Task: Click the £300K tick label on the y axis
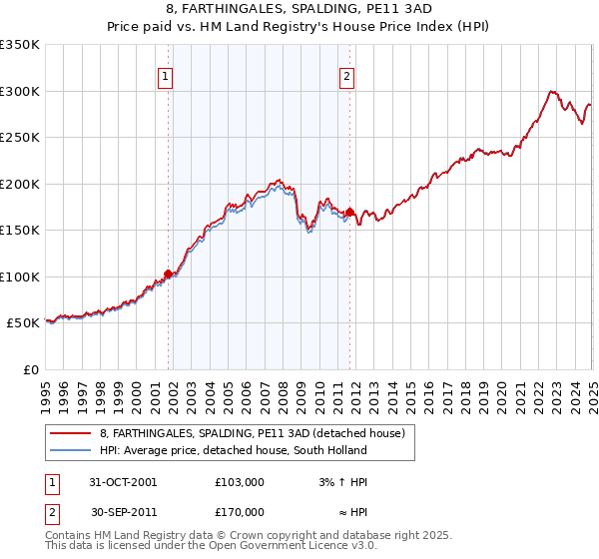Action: pos(20,91)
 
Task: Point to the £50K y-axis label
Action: pos(24,323)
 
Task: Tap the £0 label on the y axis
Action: pos(32,369)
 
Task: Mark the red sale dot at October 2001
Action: pos(169,274)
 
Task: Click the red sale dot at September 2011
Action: pos(350,212)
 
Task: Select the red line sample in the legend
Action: pos(70,434)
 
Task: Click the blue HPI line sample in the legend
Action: pos(70,450)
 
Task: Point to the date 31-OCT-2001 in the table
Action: pos(124,482)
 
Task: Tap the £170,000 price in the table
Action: pos(240,512)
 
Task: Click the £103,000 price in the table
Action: pos(240,482)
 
